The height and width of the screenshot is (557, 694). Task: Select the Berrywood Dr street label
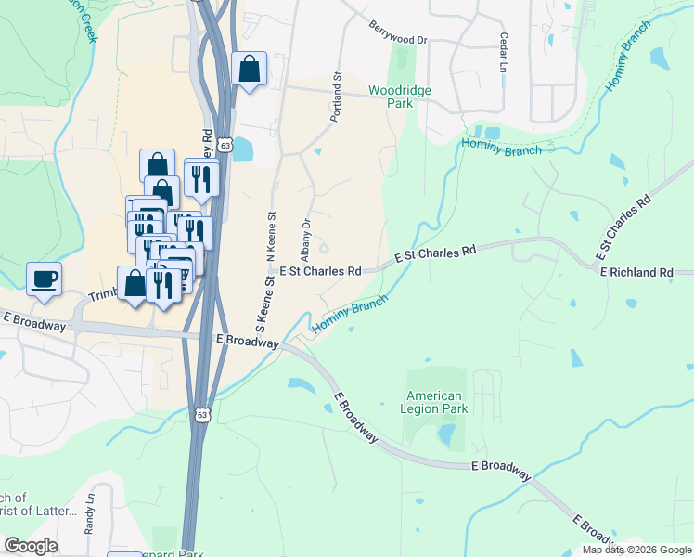[x=397, y=34]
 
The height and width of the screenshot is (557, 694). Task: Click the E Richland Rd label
[x=636, y=272]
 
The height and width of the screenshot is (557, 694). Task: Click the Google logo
[x=31, y=546]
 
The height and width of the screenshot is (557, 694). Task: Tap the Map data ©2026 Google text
[x=636, y=550]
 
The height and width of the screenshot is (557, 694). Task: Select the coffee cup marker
[x=44, y=278]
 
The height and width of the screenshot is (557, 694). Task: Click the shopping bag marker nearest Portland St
[x=250, y=69]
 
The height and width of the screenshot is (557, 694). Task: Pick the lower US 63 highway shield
[x=202, y=415]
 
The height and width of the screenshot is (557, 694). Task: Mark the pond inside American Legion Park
[x=446, y=434]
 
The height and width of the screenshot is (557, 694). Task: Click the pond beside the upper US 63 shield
[x=243, y=148]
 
